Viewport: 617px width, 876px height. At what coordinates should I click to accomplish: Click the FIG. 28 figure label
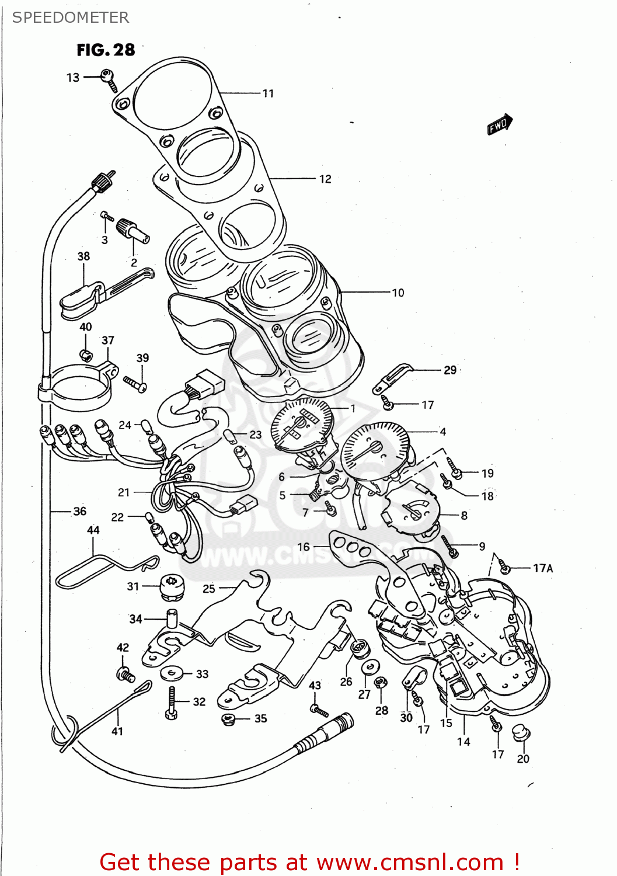pyautogui.click(x=106, y=50)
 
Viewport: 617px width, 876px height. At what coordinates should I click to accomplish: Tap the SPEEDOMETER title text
pyautogui.click(x=70, y=18)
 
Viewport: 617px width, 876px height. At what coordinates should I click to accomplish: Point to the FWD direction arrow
pyautogui.click(x=500, y=124)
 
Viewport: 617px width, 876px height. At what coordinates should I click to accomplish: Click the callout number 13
pyautogui.click(x=72, y=78)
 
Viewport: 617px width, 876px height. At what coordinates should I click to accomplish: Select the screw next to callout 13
pyautogui.click(x=109, y=78)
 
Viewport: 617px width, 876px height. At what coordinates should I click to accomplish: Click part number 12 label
pyautogui.click(x=325, y=179)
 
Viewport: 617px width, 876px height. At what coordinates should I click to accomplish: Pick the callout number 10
pyautogui.click(x=398, y=293)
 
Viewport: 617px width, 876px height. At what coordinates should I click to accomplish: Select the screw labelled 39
pyautogui.click(x=135, y=384)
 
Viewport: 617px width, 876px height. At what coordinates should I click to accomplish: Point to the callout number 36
pyautogui.click(x=79, y=512)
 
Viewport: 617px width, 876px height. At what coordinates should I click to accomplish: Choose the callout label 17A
pyautogui.click(x=542, y=568)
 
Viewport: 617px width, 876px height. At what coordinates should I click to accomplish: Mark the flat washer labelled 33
pyautogui.click(x=170, y=673)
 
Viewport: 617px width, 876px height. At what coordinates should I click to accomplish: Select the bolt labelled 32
pyautogui.click(x=171, y=702)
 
